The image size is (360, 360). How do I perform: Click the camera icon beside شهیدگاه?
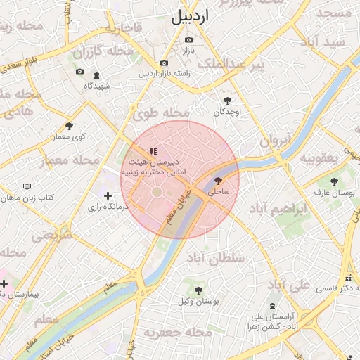(x=96, y=75)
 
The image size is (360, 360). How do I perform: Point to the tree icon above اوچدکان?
(x=227, y=101)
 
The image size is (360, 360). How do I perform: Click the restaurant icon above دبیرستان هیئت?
(x=153, y=151)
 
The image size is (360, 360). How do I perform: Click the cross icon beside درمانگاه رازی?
(x=108, y=196)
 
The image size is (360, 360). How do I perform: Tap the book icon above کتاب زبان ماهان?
(x=27, y=186)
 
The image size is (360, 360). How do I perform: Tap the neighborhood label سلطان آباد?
(x=216, y=257)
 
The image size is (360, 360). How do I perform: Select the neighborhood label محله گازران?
(x=103, y=51)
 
